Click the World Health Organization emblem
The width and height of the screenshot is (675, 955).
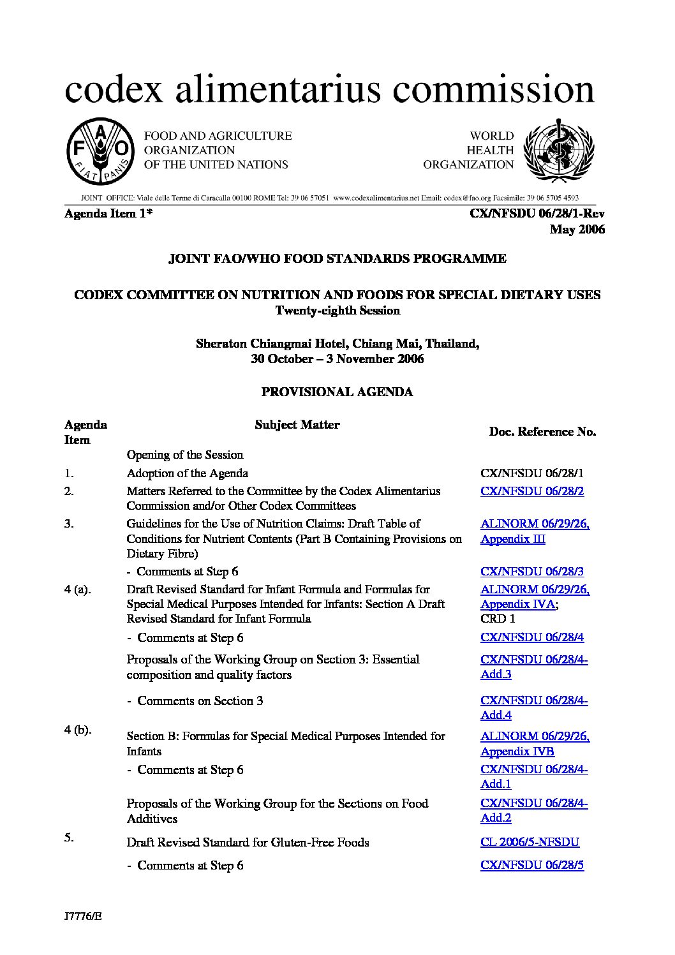coord(558,151)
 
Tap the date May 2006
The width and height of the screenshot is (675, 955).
coord(577,230)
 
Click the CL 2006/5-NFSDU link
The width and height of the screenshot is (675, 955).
coord(530,842)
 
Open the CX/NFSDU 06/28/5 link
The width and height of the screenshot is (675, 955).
coord(532,866)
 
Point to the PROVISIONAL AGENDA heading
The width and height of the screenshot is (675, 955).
coord(337,392)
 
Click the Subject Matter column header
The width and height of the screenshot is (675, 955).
coord(297,425)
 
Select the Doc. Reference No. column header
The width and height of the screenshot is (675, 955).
coord(542,432)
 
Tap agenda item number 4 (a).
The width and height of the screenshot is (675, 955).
coord(77,589)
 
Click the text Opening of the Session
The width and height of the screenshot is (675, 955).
coord(185,455)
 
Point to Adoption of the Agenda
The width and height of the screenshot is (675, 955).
coord(187,473)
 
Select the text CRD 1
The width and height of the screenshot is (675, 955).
coord(498,619)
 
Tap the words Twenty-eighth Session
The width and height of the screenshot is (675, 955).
coord(337,311)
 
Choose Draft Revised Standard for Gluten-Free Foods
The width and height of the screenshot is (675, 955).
coord(248,843)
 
